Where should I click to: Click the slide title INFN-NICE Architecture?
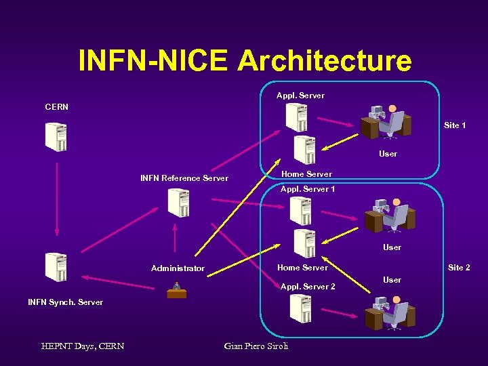pyautogui.click(x=245, y=60)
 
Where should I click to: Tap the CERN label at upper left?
pyautogui.click(x=56, y=106)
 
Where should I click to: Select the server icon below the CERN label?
pyautogui.click(x=56, y=137)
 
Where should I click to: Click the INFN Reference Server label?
pyautogui.click(x=184, y=178)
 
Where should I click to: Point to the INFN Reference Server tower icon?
pyautogui.click(x=178, y=203)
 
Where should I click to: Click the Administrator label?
pyautogui.click(x=178, y=268)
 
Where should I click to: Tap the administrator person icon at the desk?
pyautogui.click(x=176, y=289)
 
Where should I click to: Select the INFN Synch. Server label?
pyautogui.click(x=65, y=302)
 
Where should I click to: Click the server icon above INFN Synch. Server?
pyautogui.click(x=56, y=266)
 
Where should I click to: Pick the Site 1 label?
pyautogui.click(x=454, y=125)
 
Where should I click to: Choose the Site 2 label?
pyautogui.click(x=459, y=268)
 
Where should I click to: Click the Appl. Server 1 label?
pyautogui.click(x=308, y=189)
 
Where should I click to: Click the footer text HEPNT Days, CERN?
pyautogui.click(x=83, y=346)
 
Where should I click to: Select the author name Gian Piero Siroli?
pyautogui.click(x=256, y=346)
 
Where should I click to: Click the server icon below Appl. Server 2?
pyautogui.click(x=300, y=309)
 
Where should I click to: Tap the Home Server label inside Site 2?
pyautogui.click(x=302, y=268)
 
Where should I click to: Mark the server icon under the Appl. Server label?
pyautogui.click(x=296, y=117)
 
